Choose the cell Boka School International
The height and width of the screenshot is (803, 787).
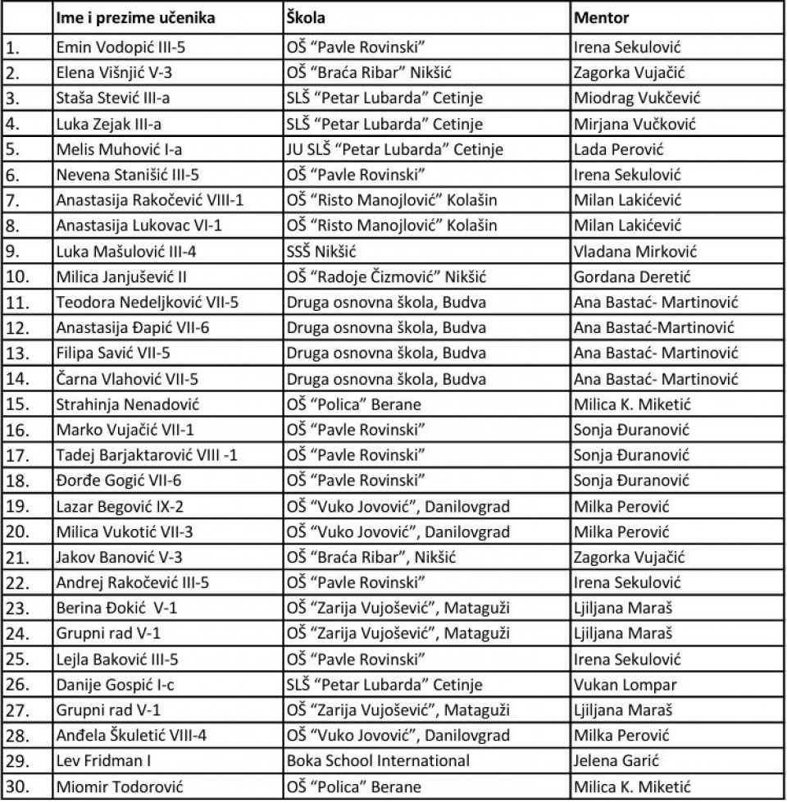378,760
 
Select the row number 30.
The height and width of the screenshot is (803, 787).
17,787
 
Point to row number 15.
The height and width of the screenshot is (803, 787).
17,404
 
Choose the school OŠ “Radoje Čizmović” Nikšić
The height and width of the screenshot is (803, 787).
382,276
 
